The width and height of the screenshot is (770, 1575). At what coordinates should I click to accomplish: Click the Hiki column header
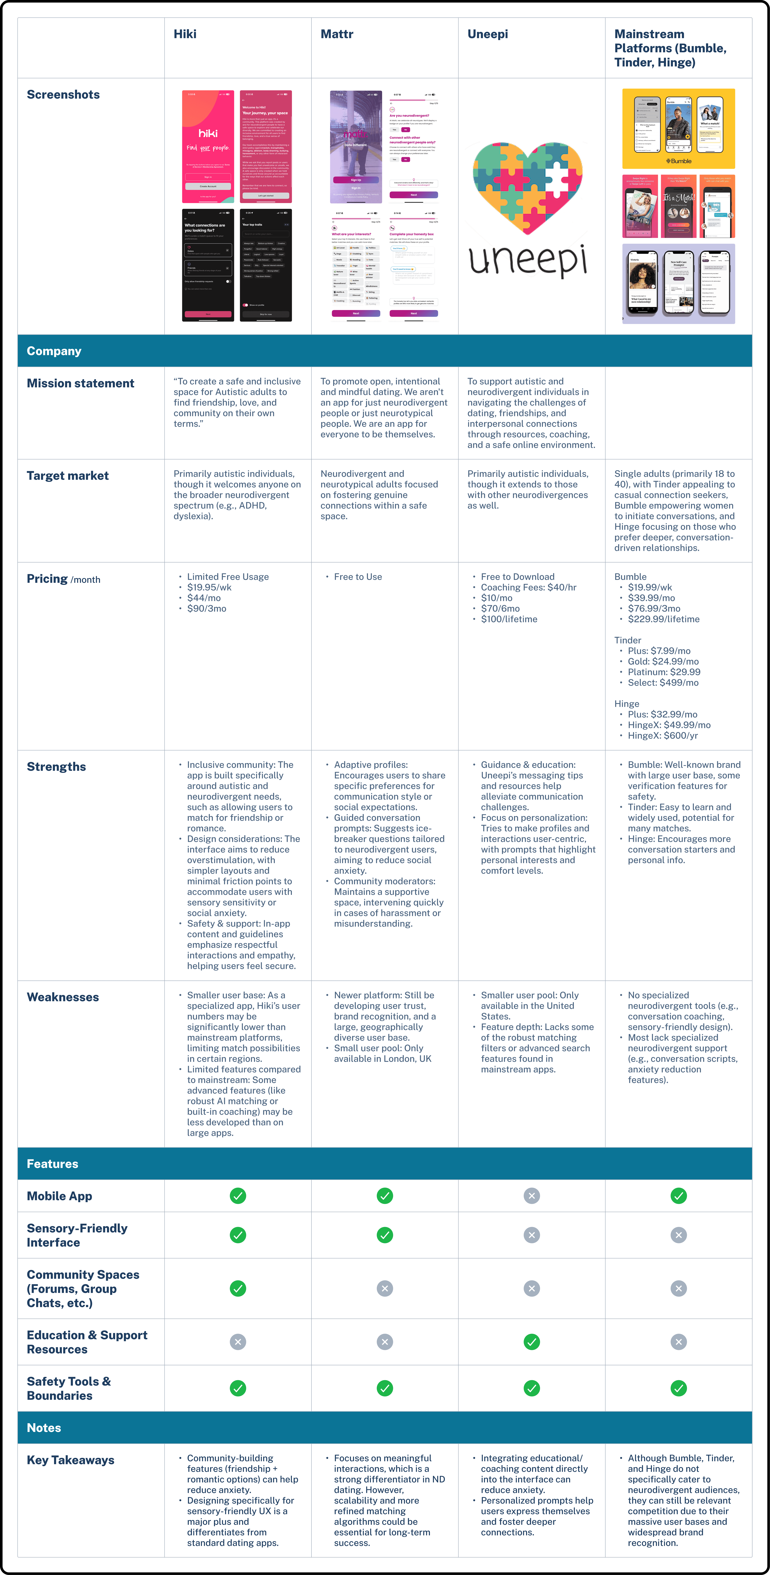[185, 34]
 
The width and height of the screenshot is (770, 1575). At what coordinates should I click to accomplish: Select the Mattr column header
[337, 34]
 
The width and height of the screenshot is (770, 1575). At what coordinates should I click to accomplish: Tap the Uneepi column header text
[487, 34]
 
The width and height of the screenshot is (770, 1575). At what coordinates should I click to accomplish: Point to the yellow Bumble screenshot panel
[678, 128]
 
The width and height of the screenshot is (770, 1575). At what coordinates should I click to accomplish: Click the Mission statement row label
[80, 383]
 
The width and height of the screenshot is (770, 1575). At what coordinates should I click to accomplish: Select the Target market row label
[67, 476]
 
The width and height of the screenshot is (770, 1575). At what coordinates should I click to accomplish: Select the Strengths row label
[56, 767]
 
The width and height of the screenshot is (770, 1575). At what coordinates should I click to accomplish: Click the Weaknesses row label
[62, 997]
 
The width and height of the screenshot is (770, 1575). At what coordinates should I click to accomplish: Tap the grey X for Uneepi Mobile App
[532, 1196]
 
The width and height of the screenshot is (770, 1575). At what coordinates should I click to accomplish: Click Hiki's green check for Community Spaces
[238, 1288]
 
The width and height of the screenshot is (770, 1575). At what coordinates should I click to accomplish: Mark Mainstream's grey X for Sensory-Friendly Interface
[678, 1235]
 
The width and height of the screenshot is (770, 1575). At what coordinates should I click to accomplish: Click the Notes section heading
[44, 1428]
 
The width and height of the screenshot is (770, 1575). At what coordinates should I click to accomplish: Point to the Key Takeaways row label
[70, 1460]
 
